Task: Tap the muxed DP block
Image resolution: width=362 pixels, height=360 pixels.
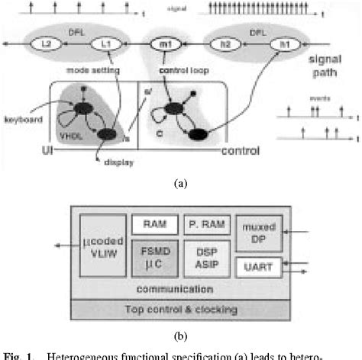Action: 258,229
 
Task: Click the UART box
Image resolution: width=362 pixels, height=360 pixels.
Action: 259,266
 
